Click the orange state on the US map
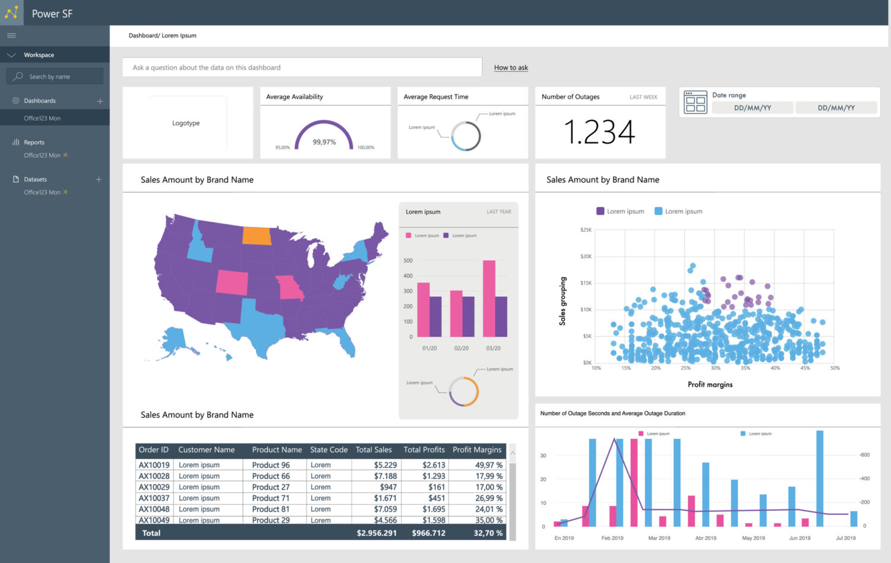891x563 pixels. point(257,236)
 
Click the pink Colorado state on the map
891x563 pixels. point(232,282)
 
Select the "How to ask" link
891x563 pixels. point(511,68)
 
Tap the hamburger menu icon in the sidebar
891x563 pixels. point(11,36)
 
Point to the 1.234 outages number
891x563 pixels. point(599,132)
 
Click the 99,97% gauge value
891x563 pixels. point(324,142)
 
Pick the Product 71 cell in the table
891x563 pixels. point(271,498)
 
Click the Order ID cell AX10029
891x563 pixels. point(154,487)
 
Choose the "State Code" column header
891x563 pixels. point(328,450)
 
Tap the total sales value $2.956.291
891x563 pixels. point(377,533)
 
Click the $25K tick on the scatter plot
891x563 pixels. point(586,230)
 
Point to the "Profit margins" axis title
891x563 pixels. point(710,385)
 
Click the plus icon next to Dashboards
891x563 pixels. point(100,101)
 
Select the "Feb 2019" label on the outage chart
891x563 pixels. point(612,538)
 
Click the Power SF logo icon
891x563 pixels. point(12,12)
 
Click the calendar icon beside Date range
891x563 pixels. point(695,102)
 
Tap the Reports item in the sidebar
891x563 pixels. point(34,143)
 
